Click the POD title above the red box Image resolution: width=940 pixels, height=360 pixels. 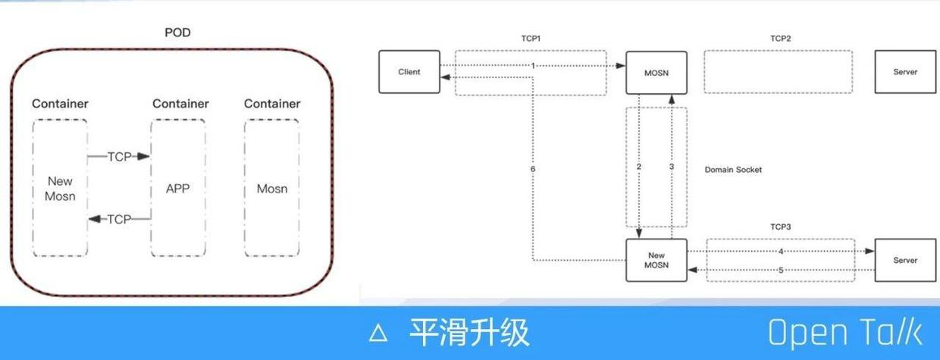tap(177, 33)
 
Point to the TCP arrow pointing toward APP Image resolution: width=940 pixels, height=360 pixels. tap(119, 157)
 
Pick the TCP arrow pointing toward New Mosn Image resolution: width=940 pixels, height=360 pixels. tap(119, 219)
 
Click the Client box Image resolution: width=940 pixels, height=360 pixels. tap(409, 72)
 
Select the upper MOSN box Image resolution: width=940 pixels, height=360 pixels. tap(656, 72)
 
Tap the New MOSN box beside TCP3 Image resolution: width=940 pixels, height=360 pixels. tap(656, 260)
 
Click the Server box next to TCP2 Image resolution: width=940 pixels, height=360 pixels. tap(905, 72)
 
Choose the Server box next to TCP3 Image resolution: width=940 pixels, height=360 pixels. tap(905, 260)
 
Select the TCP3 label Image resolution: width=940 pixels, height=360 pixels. tap(780, 227)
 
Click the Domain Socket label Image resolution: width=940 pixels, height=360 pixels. tap(733, 170)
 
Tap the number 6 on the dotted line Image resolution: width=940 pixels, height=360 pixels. tap(533, 169)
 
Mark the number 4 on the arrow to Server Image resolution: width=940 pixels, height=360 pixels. tap(781, 251)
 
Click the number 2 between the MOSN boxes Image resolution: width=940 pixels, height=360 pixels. tap(639, 166)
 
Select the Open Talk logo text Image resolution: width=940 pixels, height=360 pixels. tap(844, 333)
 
